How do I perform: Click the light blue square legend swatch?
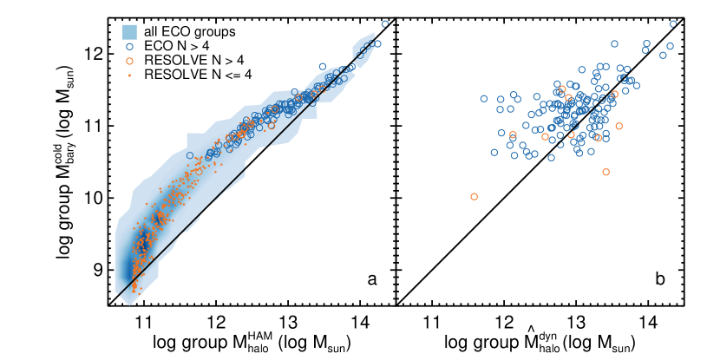pos(129,32)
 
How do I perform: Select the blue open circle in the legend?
pos(129,47)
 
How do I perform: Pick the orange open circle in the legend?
pos(129,62)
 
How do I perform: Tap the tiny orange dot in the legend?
pos(129,75)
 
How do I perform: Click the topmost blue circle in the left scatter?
pos(385,24)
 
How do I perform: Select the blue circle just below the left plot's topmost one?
pos(377,43)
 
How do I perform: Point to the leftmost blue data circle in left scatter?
pos(190,156)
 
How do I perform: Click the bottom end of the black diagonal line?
pos(119,295)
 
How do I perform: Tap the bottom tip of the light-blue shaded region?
pos(128,304)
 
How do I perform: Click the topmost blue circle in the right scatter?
pos(673,24)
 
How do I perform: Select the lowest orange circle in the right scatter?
pos(474,197)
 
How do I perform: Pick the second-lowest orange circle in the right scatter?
pos(605,172)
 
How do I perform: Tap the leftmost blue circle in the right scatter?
pos(484,99)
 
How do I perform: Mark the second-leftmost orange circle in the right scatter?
pos(513,135)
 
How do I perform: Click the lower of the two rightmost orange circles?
pos(619,126)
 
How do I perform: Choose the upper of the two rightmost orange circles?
pos(615,95)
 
